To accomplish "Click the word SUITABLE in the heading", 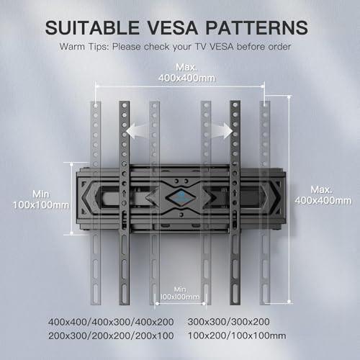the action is pyautogui.click(x=92, y=27).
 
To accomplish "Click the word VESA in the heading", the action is pyautogui.click(x=172, y=27).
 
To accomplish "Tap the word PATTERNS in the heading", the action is pyautogui.click(x=257, y=27).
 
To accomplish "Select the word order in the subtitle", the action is pyautogui.click(x=279, y=47).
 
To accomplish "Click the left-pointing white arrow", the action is pyautogui.click(x=137, y=131).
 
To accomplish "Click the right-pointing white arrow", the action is pyautogui.click(x=222, y=131).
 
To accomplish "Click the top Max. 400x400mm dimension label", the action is pyautogui.click(x=186, y=73).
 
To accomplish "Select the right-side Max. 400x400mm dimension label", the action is pyautogui.click(x=323, y=195).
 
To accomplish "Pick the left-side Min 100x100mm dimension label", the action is pyautogui.click(x=41, y=199).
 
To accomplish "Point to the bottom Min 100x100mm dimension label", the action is pyautogui.click(x=180, y=293).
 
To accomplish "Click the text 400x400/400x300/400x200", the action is pyautogui.click(x=111, y=322).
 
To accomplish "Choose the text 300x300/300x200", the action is pyautogui.click(x=228, y=322).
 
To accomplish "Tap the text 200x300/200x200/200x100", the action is pyautogui.click(x=111, y=336).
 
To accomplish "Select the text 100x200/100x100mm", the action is pyautogui.click(x=237, y=336).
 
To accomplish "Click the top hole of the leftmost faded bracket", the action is pyautogui.click(x=96, y=105).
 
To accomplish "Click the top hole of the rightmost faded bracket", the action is pyautogui.click(x=265, y=105).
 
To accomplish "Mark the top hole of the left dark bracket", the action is pyautogui.click(x=125, y=105).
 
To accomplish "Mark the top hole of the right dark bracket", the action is pyautogui.click(x=235, y=105).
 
